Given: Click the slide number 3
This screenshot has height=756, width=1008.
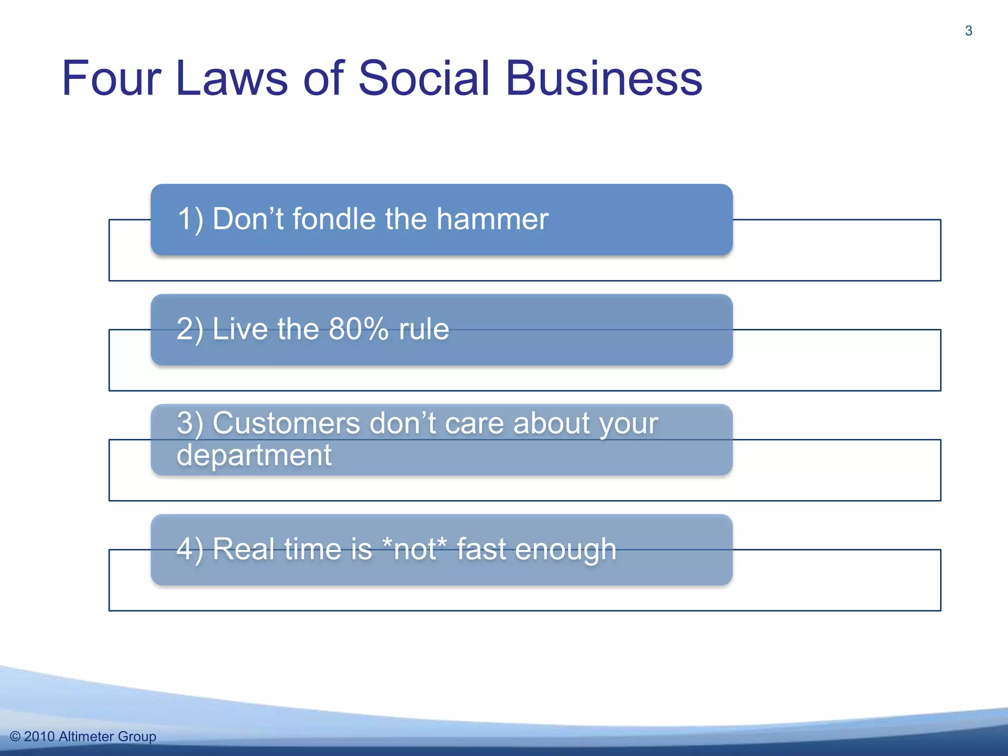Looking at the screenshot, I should [x=968, y=31].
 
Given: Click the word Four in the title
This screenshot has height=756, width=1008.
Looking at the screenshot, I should [x=111, y=79].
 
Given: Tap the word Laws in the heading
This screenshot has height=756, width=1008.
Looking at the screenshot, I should [x=231, y=79].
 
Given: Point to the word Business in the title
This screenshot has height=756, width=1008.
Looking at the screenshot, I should [x=604, y=79].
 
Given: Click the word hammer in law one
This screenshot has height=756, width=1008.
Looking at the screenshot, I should [x=492, y=219].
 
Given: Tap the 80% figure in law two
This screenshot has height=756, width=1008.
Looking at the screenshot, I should [x=358, y=329].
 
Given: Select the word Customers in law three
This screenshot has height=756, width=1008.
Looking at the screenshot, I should [x=286, y=423].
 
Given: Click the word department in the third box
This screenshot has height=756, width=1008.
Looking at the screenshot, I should [x=254, y=455].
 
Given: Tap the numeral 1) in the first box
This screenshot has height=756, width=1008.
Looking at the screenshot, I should [x=190, y=219].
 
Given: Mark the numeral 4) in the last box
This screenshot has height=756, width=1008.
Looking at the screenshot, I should [x=189, y=549].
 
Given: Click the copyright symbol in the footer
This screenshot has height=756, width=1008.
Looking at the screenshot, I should [x=15, y=736].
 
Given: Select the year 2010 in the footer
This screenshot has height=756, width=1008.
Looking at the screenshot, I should [x=39, y=736].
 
